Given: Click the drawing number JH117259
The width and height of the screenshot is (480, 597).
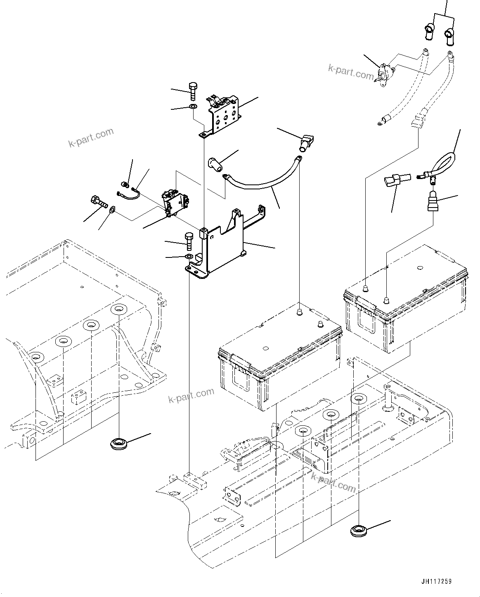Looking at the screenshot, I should pos(436,581).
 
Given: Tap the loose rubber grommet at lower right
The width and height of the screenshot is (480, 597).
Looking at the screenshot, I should pos(358,530).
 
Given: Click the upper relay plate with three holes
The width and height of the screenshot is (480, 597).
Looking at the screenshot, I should pos(225,116).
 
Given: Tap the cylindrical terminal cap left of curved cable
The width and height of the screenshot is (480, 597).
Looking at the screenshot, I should pos(215,165).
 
